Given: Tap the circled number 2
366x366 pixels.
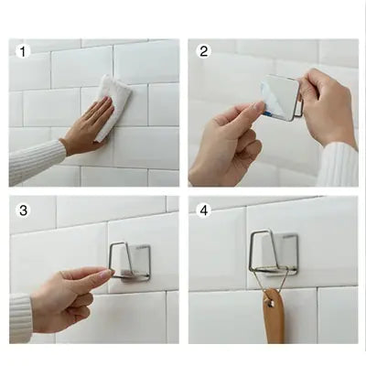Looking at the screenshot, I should [203, 51].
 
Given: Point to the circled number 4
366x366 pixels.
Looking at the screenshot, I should [203, 211].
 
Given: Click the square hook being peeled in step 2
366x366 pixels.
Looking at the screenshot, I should [279, 97].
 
